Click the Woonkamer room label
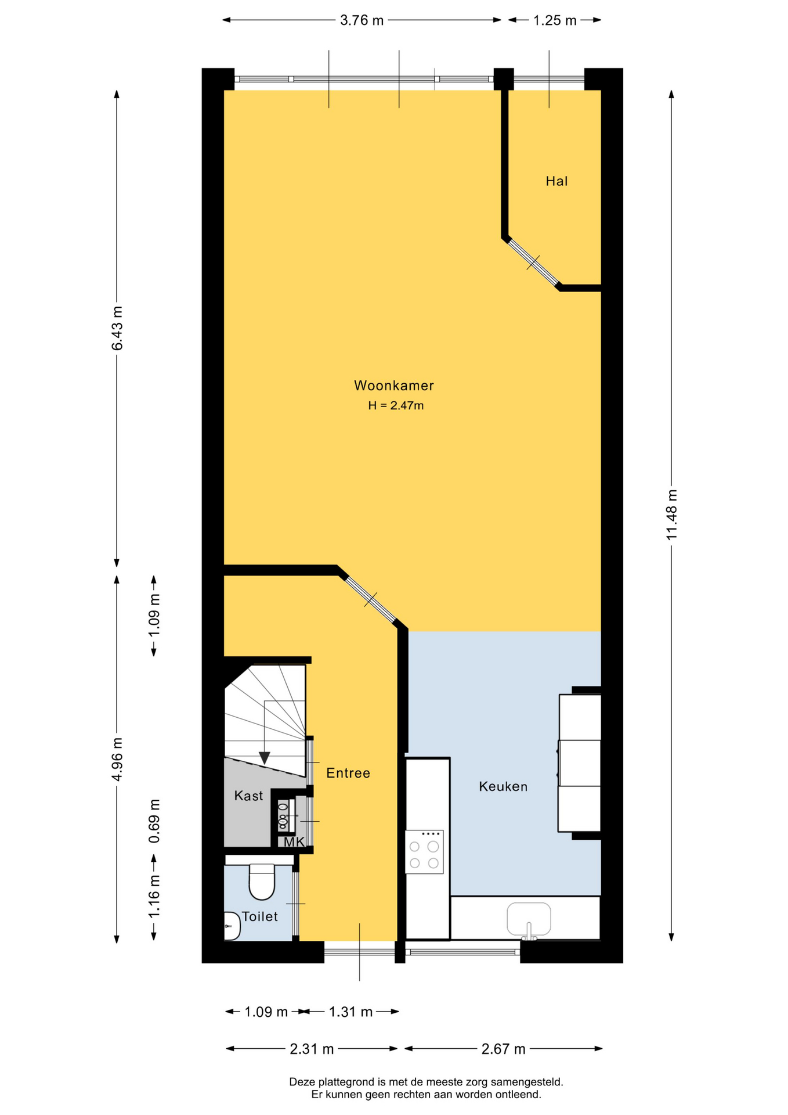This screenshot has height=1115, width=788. click(393, 386)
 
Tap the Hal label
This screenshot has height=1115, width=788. click(556, 181)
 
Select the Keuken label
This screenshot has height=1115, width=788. click(503, 787)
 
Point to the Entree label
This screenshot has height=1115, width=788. click(348, 773)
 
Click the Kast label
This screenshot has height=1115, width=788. click(248, 796)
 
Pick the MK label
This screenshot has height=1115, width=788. click(294, 841)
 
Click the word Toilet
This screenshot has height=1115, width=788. click(259, 916)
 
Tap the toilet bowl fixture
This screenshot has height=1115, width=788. click(262, 882)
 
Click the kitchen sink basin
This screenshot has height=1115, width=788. click(529, 919)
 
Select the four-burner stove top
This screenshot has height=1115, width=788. click(424, 852)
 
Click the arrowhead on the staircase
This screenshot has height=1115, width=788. click(265, 758)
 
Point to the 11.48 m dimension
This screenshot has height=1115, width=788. click(672, 515)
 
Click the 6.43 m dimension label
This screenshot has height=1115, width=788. click(117, 328)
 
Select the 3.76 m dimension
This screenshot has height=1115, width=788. click(362, 20)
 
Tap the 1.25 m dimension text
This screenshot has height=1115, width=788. click(555, 20)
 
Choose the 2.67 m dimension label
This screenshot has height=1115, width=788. click(504, 1049)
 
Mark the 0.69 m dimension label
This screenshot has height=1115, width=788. click(154, 821)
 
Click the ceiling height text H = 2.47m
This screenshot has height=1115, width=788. click(396, 405)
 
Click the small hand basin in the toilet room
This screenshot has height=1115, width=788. click(232, 926)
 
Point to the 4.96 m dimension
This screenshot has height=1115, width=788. click(117, 759)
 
